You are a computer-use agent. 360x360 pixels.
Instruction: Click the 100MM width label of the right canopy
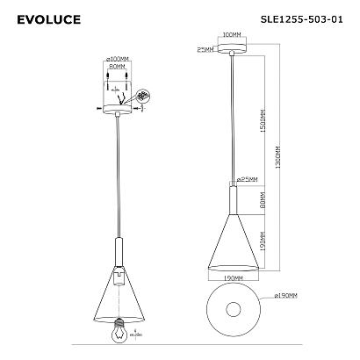click(233, 35)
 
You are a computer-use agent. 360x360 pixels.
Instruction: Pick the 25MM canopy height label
click(205, 49)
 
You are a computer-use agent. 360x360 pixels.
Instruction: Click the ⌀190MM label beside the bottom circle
click(286, 297)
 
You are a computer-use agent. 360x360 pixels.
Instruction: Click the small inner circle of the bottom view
click(233, 310)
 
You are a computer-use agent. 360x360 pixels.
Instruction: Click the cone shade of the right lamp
click(233, 246)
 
